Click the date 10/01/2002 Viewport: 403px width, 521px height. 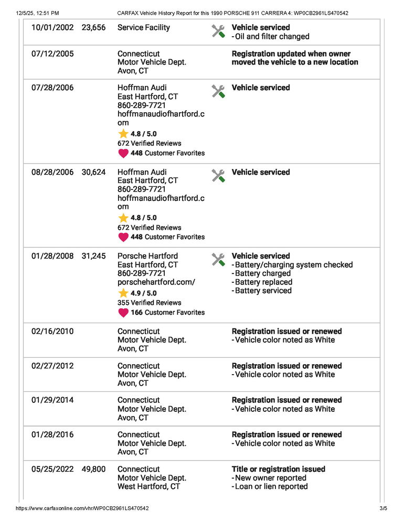click(x=52, y=27)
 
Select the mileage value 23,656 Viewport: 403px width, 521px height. click(x=93, y=27)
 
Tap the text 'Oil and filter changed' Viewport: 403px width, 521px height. click(x=272, y=36)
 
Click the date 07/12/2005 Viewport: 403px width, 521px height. click(x=52, y=54)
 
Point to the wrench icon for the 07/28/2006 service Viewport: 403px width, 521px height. click(x=218, y=91)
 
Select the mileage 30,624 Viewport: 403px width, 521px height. click(x=93, y=172)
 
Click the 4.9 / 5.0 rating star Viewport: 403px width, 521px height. click(x=123, y=293)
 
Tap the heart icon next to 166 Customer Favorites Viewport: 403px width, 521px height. click(x=123, y=313)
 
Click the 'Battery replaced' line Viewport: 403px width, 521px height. click(x=263, y=282)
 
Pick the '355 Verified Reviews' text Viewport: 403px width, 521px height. click(x=149, y=302)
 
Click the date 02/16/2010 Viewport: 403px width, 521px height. click(x=52, y=331)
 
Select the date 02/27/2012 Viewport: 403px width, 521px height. click(x=52, y=366)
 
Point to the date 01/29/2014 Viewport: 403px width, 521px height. click(x=52, y=400)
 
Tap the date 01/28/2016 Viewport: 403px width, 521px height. click(x=52, y=434)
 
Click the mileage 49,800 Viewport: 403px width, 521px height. click(x=93, y=469)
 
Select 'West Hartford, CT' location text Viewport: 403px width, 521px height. click(x=149, y=486)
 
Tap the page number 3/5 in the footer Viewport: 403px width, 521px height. click(x=383, y=508)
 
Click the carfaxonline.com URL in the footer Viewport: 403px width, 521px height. click(x=82, y=508)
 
